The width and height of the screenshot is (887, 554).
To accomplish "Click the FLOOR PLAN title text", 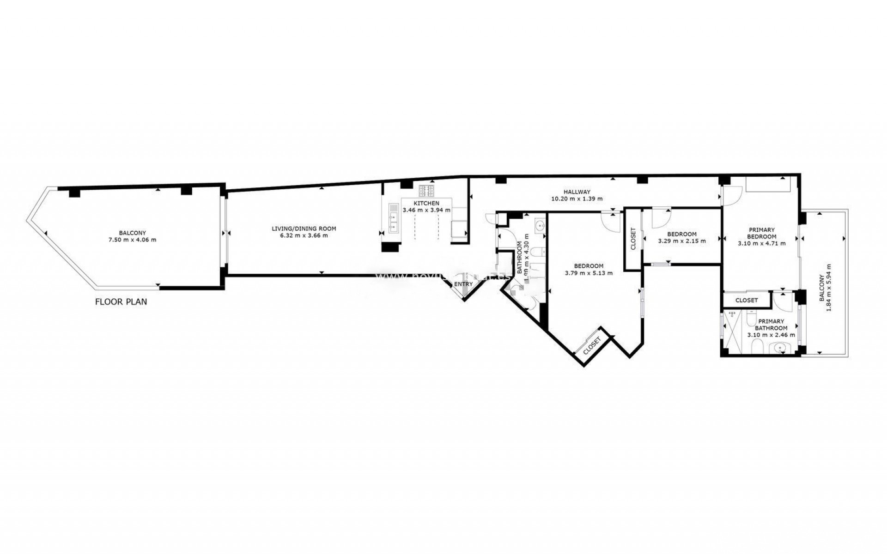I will click(121, 302).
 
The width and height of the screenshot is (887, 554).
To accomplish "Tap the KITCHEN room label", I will click(426, 203).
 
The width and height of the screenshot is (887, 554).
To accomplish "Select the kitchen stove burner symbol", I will click(426, 191).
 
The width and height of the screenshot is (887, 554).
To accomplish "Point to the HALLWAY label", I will click(577, 192).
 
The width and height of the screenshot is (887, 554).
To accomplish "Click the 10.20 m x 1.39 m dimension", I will click(577, 199).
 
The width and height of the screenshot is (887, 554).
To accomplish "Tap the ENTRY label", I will click(463, 284).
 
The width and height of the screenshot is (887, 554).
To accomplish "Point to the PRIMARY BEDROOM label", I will click(761, 233).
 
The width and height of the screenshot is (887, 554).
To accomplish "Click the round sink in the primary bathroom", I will click(781, 348).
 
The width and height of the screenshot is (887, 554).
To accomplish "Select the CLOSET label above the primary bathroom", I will click(747, 300).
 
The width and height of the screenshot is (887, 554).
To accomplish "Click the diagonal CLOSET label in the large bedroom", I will click(592, 345).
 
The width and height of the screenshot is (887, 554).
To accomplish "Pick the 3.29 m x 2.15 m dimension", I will click(681, 241).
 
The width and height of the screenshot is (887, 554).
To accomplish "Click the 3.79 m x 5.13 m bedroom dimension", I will click(589, 273).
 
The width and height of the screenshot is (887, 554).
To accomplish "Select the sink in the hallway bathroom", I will click(540, 225).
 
